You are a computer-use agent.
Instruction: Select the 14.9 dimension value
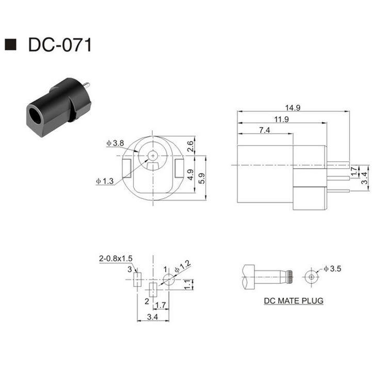[x=292, y=108]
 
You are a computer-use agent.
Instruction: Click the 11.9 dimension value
[x=281, y=119]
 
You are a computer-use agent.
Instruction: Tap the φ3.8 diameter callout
[x=115, y=143]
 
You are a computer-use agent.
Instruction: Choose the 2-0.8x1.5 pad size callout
[x=116, y=258]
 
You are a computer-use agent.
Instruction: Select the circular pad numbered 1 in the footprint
[x=169, y=280]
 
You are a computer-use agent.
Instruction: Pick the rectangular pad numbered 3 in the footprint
[x=137, y=280]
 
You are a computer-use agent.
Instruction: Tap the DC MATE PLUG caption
[x=294, y=300]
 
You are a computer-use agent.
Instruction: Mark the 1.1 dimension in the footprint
[x=188, y=283]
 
